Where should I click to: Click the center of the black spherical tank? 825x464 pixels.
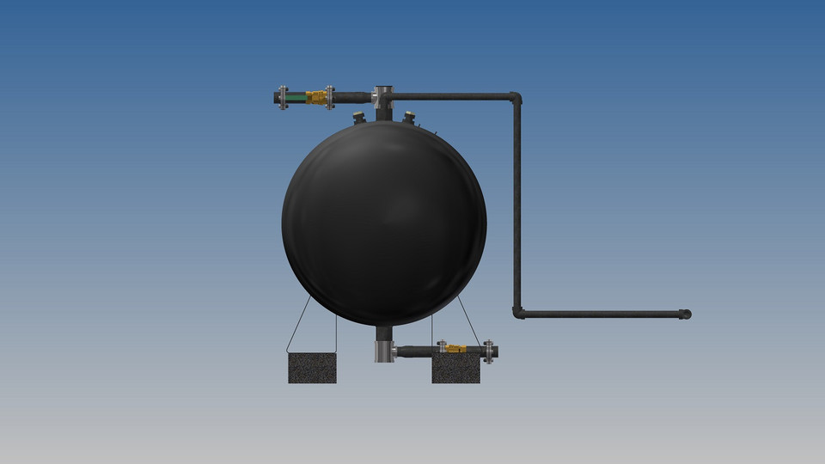(384, 223)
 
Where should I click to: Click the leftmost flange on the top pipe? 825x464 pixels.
(283, 97)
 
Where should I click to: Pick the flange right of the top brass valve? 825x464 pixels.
(331, 97)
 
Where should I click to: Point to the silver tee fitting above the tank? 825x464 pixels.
(382, 96)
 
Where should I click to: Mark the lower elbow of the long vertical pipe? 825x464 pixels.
(518, 313)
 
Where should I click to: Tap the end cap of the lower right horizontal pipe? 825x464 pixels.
(685, 314)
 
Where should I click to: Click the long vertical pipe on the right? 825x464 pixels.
(517, 206)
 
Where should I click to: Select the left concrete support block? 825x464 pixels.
(312, 368)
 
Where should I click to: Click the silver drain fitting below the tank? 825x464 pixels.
(384, 351)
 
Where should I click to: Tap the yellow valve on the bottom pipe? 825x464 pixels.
(455, 349)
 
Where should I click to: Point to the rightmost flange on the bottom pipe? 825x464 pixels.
(488, 351)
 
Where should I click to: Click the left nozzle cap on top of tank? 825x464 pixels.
(359, 117)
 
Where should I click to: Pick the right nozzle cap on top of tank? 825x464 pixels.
(409, 116)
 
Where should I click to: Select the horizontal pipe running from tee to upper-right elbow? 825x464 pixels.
(447, 96)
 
